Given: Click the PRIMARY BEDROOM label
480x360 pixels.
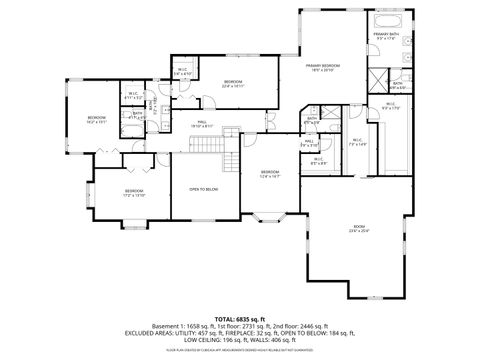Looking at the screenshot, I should (x=321, y=66).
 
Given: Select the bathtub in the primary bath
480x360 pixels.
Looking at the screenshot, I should (x=386, y=20).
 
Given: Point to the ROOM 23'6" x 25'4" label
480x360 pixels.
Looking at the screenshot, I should (x=359, y=229).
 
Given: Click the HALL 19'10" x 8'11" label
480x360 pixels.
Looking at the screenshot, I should (x=203, y=126).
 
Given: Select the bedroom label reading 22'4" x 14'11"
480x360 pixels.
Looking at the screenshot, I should (x=233, y=83).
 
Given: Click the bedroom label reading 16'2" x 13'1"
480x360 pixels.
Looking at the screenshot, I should (x=96, y=121).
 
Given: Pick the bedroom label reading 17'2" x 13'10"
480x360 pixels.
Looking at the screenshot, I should (x=135, y=193).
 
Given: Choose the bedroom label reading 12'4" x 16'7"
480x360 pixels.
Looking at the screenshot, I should (x=269, y=173).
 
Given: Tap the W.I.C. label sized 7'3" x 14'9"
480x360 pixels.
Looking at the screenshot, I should (x=357, y=142).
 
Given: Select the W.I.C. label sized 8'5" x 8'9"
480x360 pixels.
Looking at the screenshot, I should (x=318, y=160).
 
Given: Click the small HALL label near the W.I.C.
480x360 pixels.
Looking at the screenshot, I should (x=309, y=142).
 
